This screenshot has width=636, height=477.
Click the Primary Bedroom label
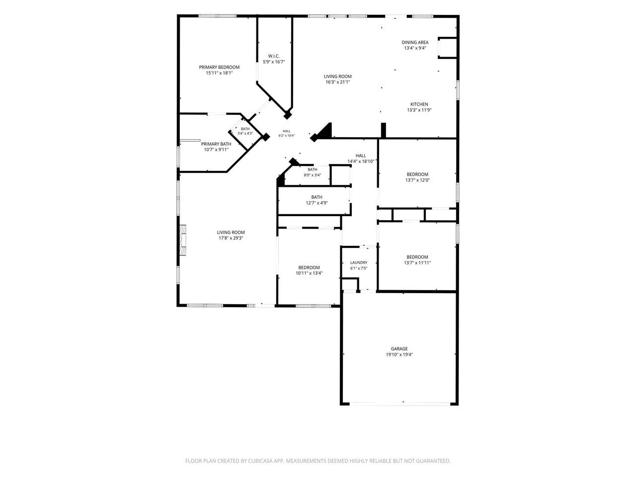pyautogui.click(x=219, y=67)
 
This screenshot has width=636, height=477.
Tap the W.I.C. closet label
pyautogui.click(x=274, y=56)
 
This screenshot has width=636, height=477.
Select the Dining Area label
pyautogui.click(x=415, y=42)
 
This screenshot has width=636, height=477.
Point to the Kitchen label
pyautogui.click(x=419, y=104)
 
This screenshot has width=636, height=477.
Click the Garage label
pyautogui.click(x=399, y=349)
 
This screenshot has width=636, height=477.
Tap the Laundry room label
pyautogui.click(x=359, y=262)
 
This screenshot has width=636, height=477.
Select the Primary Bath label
pyautogui.click(x=216, y=144)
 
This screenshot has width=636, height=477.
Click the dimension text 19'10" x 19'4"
pyautogui.click(x=399, y=354)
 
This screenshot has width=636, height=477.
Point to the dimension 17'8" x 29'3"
pyautogui.click(x=231, y=238)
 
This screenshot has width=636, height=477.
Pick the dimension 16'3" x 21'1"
pyautogui.click(x=337, y=82)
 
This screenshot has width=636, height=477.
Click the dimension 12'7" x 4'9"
pyautogui.click(x=317, y=203)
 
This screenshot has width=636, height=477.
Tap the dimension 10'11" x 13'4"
pyautogui.click(x=309, y=273)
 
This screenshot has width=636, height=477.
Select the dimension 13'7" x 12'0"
pyautogui.click(x=417, y=180)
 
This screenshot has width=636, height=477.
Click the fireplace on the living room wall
pyautogui.click(x=182, y=240)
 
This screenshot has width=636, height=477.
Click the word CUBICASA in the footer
pyautogui.click(x=260, y=461)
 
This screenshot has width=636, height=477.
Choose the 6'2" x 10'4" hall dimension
pyautogui.click(x=287, y=136)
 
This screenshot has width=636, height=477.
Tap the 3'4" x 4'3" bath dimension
pyautogui.click(x=245, y=134)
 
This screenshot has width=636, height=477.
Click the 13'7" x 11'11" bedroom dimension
pyautogui.click(x=417, y=263)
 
